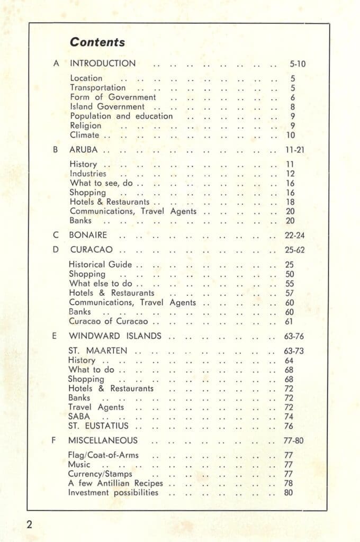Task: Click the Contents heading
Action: pos(97,42)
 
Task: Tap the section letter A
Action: pos(56,64)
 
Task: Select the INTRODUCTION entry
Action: pos(103,64)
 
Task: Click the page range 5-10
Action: pos(298,65)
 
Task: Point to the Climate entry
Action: pos(85,135)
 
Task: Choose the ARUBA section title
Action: pos(84,150)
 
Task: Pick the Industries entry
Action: pos(88,174)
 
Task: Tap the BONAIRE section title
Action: pos(88,235)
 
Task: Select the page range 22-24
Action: pos(294,236)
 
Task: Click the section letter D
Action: pos(56,249)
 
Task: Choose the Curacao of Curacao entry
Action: pos(109,321)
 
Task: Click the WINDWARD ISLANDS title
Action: pos(115,336)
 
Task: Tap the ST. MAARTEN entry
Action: pos(99,350)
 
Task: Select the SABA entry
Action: pos(79,417)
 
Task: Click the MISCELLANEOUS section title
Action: pos(103,440)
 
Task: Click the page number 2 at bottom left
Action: pos(30,525)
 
